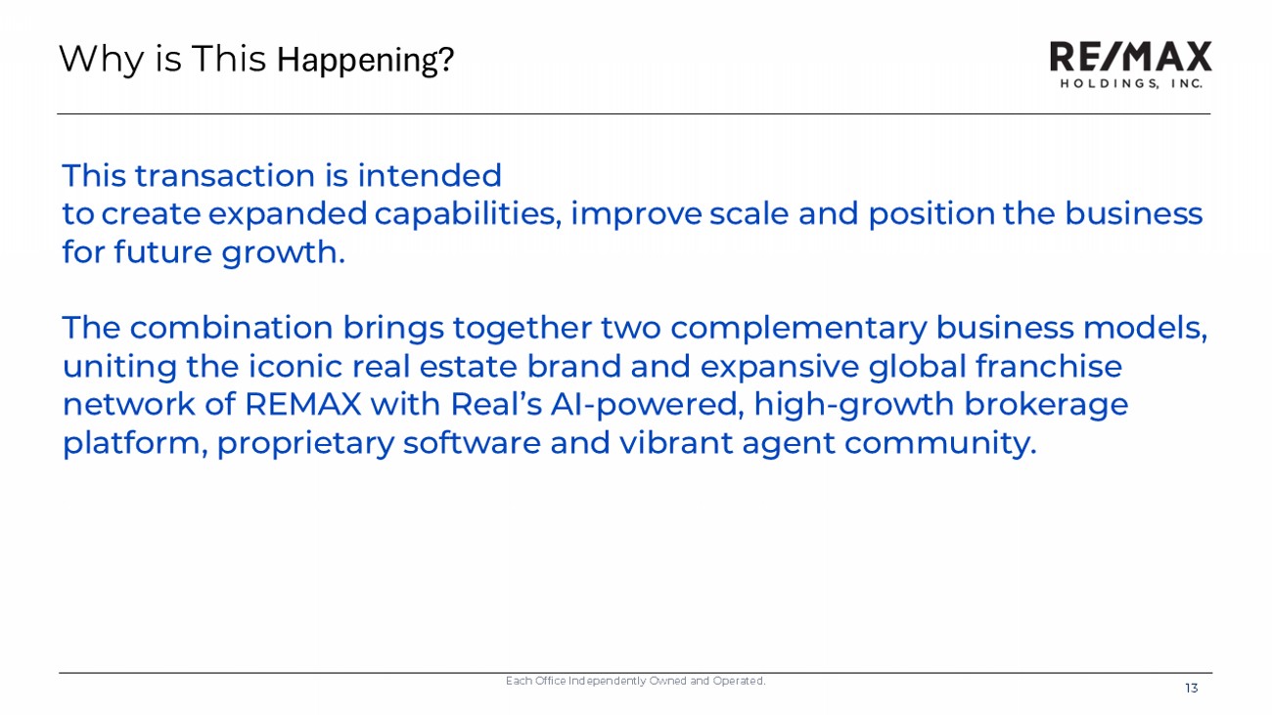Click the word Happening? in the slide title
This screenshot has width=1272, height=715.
point(365,60)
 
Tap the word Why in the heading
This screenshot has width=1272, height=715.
point(102,60)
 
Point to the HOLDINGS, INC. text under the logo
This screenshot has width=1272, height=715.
point(1131,83)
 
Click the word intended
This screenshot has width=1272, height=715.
point(430,175)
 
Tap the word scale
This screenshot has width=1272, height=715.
point(749,214)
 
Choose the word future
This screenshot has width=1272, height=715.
point(163,252)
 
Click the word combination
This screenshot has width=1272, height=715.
point(231,328)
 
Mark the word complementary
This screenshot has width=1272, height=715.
point(798,329)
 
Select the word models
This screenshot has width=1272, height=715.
point(1145,328)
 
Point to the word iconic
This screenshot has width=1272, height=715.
point(295,366)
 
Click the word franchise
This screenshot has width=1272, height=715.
point(1049,366)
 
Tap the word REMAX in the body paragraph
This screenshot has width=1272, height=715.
point(302,405)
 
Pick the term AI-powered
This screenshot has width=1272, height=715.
point(648,405)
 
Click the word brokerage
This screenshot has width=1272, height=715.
point(1046,405)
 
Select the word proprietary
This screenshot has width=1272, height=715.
point(305,444)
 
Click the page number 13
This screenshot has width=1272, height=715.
point(1192,689)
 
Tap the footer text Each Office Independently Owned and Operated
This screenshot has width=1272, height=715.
point(635,681)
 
